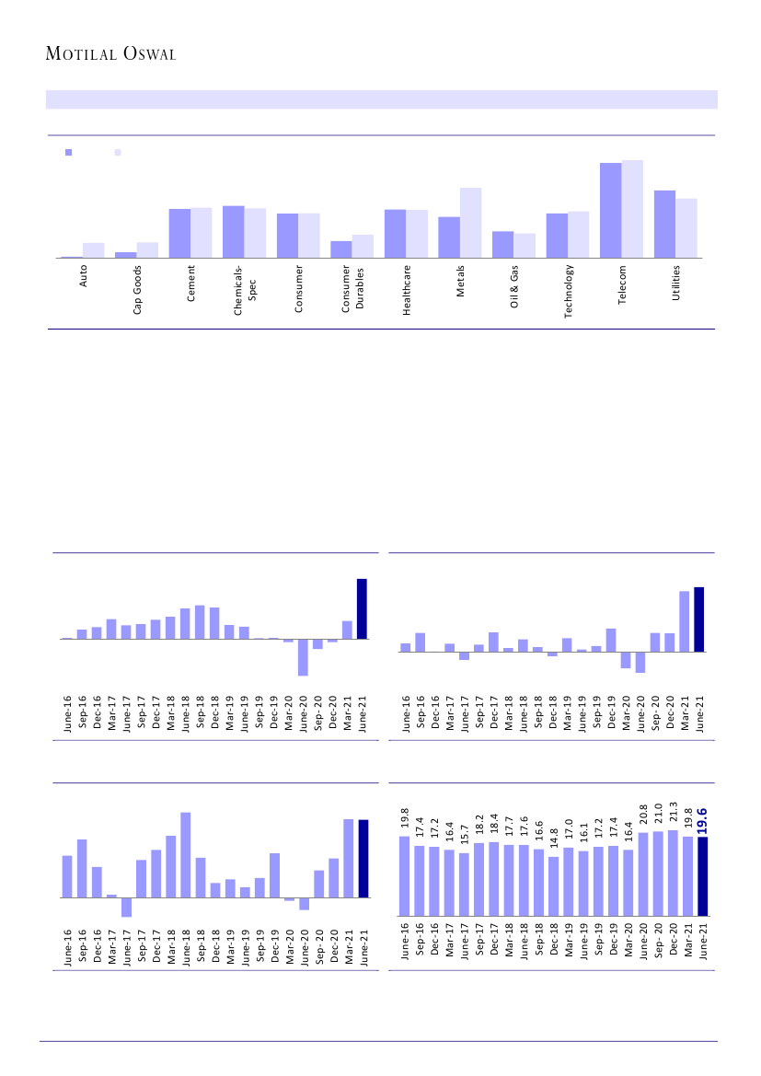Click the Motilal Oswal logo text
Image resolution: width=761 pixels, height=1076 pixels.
point(110,54)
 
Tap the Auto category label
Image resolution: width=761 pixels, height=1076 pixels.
point(84,277)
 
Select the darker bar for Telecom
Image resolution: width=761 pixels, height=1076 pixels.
point(610,210)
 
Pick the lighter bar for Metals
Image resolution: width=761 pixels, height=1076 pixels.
point(470,223)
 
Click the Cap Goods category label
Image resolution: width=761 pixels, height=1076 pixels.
point(137,290)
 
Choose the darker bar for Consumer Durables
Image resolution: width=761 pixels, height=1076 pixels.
point(341,249)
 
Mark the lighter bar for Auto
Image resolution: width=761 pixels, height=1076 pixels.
point(94,250)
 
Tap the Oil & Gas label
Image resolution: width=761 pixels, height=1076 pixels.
point(515,285)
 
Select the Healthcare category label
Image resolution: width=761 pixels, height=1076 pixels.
point(407,290)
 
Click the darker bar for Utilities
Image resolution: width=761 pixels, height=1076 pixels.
point(664,224)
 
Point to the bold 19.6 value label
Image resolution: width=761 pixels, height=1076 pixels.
point(702,821)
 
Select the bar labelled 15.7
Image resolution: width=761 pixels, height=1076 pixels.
point(465,885)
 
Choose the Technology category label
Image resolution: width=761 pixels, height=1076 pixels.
point(569,291)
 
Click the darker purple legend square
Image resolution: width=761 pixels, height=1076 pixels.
point(68,153)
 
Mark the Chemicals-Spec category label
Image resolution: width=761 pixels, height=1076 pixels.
point(245,290)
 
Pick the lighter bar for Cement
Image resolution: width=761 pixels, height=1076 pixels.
point(201,233)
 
